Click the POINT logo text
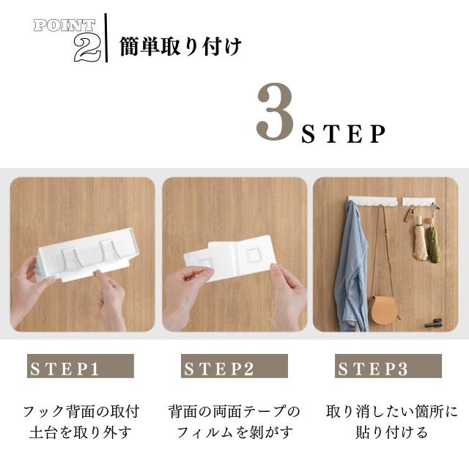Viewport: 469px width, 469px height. tap(64, 25)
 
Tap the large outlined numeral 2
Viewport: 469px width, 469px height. tap(86, 48)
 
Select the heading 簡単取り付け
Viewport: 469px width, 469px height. tap(180, 47)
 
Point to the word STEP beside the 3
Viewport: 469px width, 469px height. tap(344, 134)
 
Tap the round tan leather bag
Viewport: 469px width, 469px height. tap(383, 308)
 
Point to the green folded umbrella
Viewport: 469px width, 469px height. tap(433, 243)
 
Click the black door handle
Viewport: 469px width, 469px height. tap(435, 322)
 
